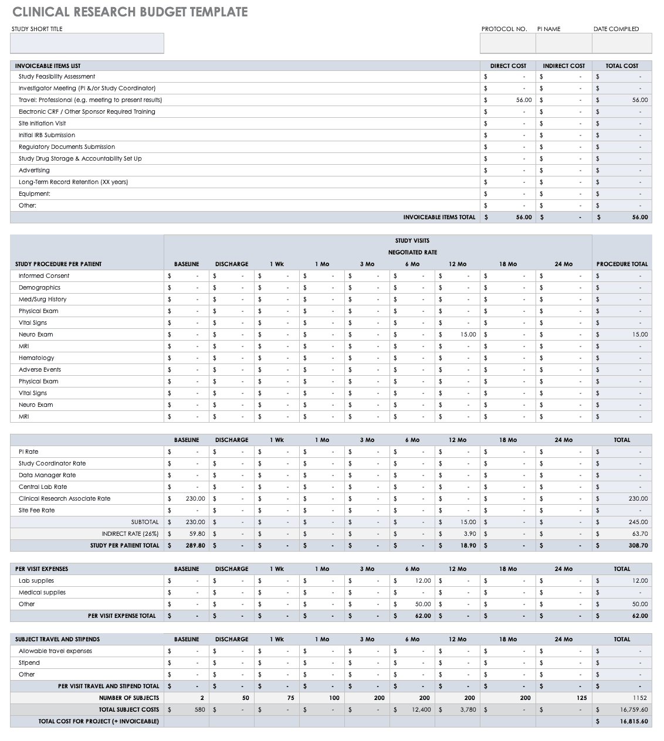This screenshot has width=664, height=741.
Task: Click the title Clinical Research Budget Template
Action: tap(130, 12)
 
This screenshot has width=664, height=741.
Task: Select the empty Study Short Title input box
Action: tap(87, 43)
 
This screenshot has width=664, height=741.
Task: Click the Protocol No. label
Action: tap(504, 29)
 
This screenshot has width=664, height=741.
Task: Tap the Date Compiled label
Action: tap(616, 29)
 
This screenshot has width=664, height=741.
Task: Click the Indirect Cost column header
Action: tap(564, 66)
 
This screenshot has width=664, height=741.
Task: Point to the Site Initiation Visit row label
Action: tap(42, 123)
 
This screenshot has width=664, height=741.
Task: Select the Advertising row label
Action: tap(34, 170)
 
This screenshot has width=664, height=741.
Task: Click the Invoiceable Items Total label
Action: tap(439, 217)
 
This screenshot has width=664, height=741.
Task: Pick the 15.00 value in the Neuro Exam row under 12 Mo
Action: tap(468, 334)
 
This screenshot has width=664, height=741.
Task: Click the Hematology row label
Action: tap(36, 358)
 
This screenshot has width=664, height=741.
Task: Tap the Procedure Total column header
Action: tap(622, 264)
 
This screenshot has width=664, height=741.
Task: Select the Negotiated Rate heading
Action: tap(412, 252)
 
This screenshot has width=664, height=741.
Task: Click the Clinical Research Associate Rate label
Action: tap(65, 498)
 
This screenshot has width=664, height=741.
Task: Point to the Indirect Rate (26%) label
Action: tap(130, 533)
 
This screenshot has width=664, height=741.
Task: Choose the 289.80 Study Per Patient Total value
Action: tap(195, 545)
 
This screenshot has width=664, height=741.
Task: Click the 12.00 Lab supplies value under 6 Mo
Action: tap(423, 580)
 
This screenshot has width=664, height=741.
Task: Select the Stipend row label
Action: tap(29, 662)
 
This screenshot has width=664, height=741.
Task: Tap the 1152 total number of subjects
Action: tap(640, 698)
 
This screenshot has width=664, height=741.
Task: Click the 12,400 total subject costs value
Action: tap(421, 709)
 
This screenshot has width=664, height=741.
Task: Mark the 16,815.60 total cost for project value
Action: tap(633, 721)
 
